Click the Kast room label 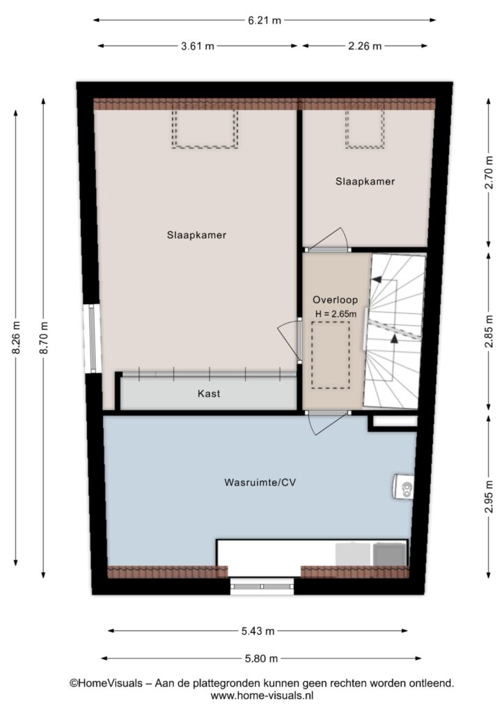[209, 393]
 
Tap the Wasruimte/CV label [260, 482]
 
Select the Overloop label [335, 299]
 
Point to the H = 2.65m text [336, 314]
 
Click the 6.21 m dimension [265, 20]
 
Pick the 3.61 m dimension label [198, 46]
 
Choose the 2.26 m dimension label [365, 46]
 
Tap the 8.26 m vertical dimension [17, 338]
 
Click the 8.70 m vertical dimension [44, 338]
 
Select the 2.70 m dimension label [489, 173]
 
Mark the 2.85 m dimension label [489, 331]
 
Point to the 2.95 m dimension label [489, 496]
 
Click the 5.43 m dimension [258, 631]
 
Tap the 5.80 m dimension [261, 658]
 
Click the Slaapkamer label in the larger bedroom [196, 235]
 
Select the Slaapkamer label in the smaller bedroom [365, 182]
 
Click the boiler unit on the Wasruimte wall [404, 487]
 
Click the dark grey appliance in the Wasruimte [389, 554]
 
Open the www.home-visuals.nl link [262, 696]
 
